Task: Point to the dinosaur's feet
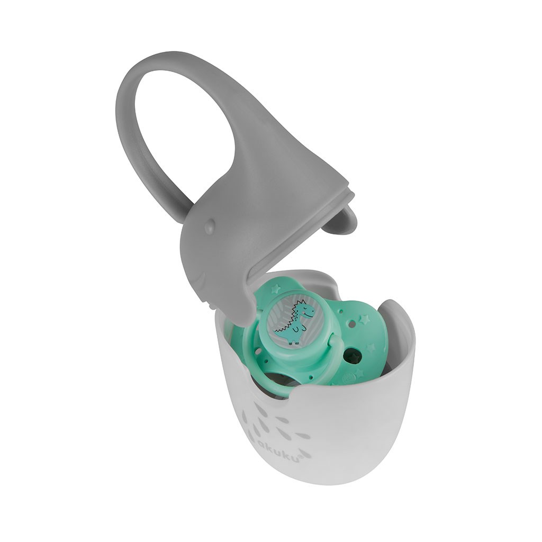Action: [294, 342]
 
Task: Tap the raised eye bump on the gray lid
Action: [209, 227]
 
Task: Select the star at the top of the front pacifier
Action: [276, 288]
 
